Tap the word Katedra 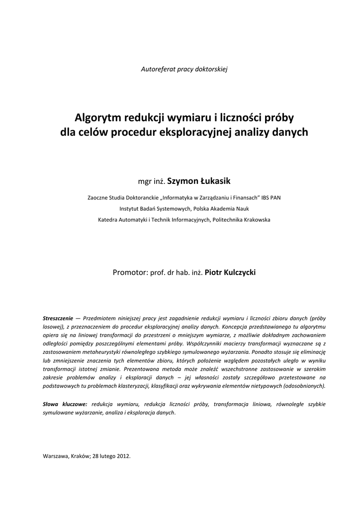tap(108, 219)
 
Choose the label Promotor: tap(130, 273)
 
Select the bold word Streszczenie tap(58, 318)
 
